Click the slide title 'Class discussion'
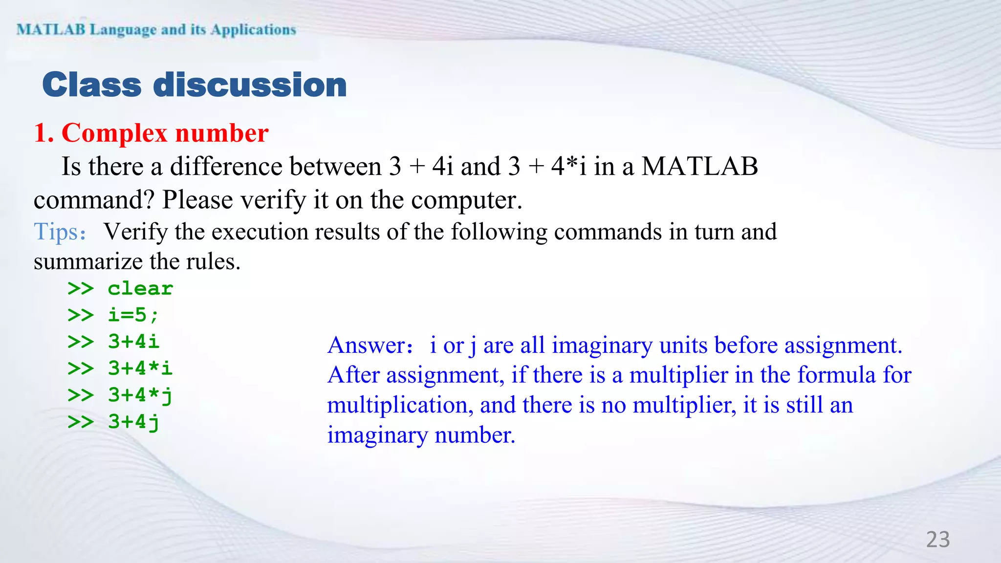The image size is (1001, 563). (x=195, y=85)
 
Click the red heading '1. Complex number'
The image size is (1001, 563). (x=151, y=133)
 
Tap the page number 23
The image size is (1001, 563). (x=938, y=540)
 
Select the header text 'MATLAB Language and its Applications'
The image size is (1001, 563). (x=156, y=30)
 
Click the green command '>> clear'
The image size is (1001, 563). (x=120, y=289)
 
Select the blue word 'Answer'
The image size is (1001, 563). (x=366, y=346)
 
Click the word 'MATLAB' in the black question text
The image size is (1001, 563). (x=699, y=167)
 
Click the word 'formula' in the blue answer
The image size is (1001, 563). (x=836, y=375)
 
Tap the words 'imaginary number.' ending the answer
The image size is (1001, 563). (x=421, y=435)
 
